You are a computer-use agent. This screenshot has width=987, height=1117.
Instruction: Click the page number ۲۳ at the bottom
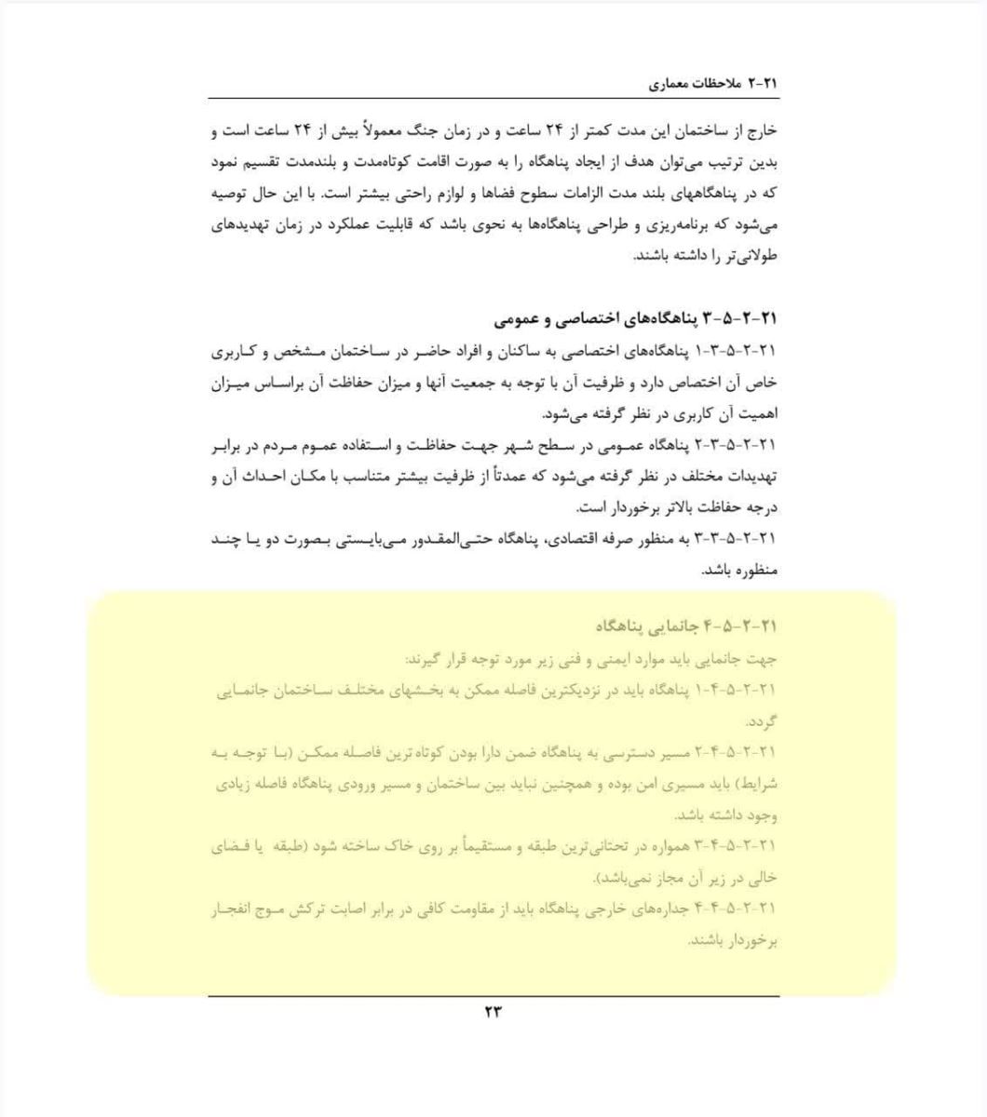pyautogui.click(x=493, y=1012)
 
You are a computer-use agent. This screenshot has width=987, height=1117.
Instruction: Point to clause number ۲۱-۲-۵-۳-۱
pyautogui.click(x=735, y=352)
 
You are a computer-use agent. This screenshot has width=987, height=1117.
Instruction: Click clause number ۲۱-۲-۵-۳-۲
pyautogui.click(x=735, y=446)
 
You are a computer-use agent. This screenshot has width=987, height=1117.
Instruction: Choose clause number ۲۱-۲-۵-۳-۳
pyautogui.click(x=735, y=540)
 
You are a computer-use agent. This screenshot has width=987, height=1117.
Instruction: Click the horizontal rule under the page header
pyautogui.click(x=493, y=99)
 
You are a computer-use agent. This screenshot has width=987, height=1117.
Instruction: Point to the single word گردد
pyautogui.click(x=762, y=722)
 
